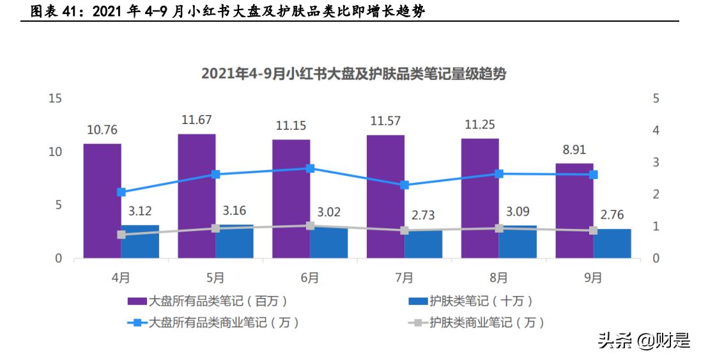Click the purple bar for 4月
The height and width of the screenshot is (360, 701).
coord(102,201)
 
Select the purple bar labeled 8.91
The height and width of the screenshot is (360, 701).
coord(574,210)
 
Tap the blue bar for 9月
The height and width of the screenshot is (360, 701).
coord(612,244)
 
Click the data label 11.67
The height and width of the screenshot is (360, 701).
coord(196,120)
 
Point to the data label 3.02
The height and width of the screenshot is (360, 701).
coord(329,210)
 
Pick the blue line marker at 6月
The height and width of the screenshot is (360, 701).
coord(310,168)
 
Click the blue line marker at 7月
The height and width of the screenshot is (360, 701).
coord(404,185)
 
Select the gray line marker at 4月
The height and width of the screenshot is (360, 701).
coord(121,235)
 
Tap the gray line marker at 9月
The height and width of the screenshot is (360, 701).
coord(593,230)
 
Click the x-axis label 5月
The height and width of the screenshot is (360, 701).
coord(215,278)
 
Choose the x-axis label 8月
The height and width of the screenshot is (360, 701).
coord(499,278)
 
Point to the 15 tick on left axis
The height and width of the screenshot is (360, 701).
coord(55,98)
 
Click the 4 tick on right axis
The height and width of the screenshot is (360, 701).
coord(656,130)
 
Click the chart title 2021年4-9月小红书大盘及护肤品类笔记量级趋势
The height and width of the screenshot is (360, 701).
coord(353,74)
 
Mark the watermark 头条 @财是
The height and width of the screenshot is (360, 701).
coord(643,340)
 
